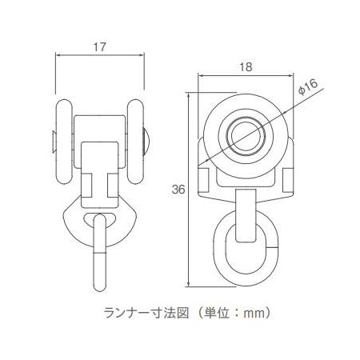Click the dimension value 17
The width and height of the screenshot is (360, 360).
(x=100, y=47)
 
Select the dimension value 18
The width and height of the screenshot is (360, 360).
(x=246, y=67)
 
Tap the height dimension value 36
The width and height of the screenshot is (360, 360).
(x=178, y=190)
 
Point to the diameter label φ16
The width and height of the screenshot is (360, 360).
(x=308, y=87)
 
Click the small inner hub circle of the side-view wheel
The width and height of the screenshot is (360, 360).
(x=246, y=135)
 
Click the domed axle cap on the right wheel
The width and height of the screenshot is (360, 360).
(x=146, y=142)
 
